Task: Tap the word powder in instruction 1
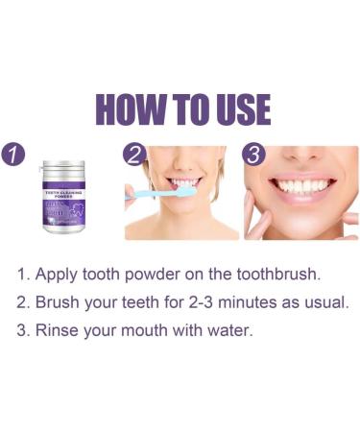point(157,275)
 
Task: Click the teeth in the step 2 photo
point(181,182)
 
